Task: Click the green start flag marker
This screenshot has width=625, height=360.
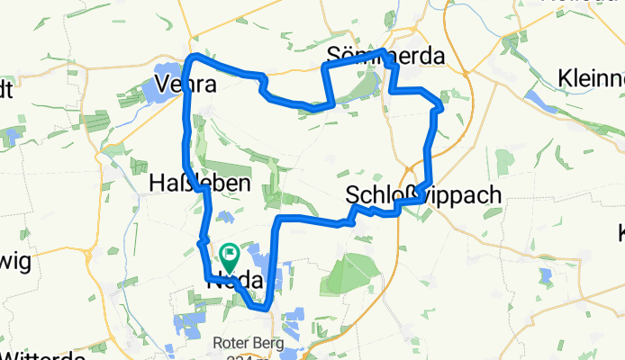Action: [228, 258]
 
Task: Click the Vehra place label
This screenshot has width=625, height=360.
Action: [181, 84]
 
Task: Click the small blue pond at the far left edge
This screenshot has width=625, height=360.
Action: [11, 137]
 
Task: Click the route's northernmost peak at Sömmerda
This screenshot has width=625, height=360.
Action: [384, 51]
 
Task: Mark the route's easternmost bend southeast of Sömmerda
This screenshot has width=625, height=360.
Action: [439, 109]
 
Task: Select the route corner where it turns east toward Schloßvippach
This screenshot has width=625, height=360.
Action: [281, 220]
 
